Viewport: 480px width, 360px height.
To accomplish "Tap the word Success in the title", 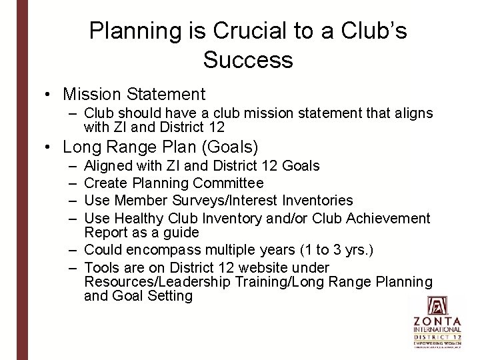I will click(248, 60).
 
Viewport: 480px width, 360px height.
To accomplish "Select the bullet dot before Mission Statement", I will click(51, 95).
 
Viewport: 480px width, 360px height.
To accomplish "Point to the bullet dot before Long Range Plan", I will click(51, 147).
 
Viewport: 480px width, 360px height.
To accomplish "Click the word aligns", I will click(409, 113).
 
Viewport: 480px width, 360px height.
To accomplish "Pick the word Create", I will click(108, 183).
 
